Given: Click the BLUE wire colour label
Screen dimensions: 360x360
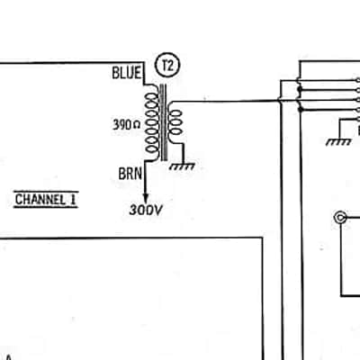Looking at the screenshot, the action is pos(126,73).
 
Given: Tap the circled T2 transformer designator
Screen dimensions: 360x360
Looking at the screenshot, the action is pos(167,65).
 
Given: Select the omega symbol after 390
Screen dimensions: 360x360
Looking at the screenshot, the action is pos(136,125).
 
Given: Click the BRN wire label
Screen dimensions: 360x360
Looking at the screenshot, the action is pos(130,174).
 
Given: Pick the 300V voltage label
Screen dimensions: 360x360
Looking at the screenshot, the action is pos(146,210).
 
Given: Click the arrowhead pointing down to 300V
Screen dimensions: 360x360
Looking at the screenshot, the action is pos(146,198).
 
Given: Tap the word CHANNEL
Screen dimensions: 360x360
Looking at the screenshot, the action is pos(40,200).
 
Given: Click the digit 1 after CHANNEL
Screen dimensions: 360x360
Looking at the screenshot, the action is pos(73,200).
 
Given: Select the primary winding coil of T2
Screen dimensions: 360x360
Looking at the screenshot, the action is pos(152,123).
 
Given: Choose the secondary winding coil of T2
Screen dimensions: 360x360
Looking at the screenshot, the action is pos(175,122).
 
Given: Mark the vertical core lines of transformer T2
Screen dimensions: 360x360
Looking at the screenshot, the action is pos(164,122).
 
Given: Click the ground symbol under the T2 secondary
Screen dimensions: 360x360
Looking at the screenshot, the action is pos(182,166).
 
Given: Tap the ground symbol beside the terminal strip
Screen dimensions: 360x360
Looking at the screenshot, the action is pos(338,142).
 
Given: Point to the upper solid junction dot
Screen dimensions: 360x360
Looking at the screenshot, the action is pos(300,89).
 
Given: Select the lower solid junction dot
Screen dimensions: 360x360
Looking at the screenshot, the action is pos(300,110).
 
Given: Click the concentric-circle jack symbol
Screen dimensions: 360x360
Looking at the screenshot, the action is pos(340,218).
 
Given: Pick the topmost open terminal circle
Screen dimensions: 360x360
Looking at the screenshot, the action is pos(358,80).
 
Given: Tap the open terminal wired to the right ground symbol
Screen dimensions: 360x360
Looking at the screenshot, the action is pos(358,120).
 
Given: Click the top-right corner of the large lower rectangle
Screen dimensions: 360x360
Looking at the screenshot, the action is pos(262,238).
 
